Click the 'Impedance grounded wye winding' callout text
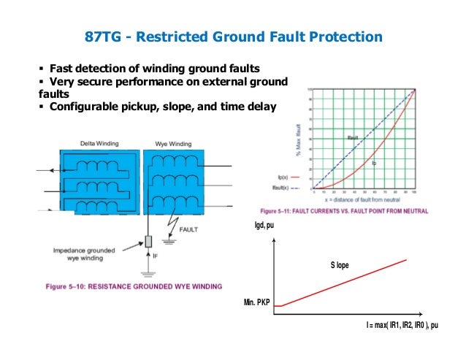(x=84, y=252)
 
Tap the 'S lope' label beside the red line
(x=340, y=264)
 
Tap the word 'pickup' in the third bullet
(x=136, y=106)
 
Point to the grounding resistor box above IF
(x=147, y=240)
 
